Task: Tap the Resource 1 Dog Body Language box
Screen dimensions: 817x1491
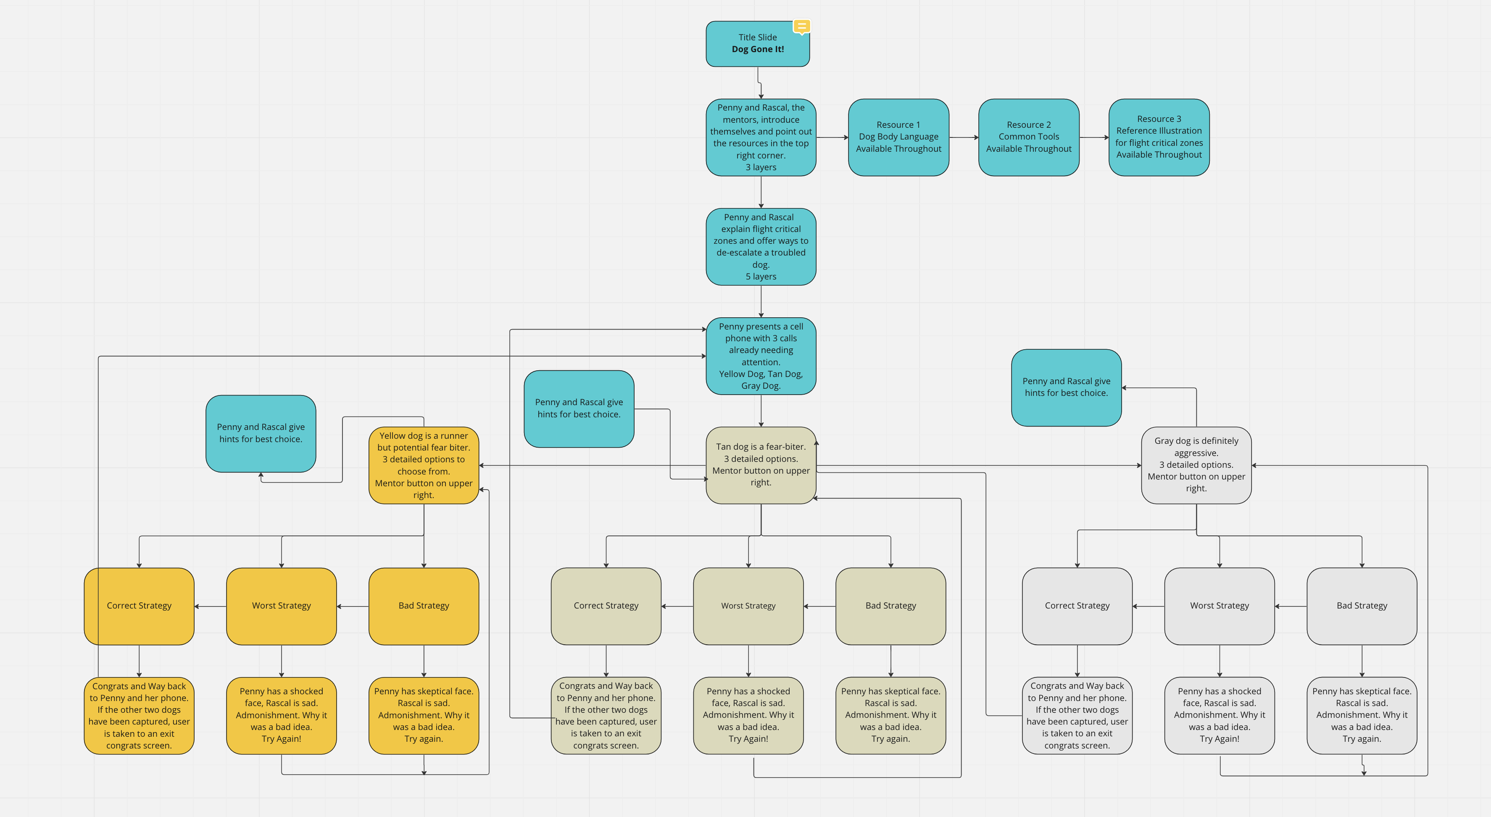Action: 898,137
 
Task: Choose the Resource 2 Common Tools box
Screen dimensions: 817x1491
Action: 1029,137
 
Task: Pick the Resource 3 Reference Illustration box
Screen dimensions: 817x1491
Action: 1159,137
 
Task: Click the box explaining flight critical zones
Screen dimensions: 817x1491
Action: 761,247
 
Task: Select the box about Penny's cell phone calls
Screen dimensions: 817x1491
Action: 761,356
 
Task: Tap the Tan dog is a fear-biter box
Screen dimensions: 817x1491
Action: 761,465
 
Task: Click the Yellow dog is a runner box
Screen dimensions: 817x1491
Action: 424,465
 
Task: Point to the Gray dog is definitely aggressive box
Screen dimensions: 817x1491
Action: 1196,465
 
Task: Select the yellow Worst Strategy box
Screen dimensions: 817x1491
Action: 281,606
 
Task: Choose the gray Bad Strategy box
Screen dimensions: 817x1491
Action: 1361,606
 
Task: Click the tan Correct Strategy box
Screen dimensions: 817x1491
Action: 606,606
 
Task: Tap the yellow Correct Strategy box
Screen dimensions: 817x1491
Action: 139,606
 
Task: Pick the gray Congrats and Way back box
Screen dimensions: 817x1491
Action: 1077,716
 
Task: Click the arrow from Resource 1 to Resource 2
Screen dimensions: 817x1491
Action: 963,137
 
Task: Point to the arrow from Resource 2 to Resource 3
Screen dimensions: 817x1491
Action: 1093,137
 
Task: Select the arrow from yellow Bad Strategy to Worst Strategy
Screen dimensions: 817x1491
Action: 353,606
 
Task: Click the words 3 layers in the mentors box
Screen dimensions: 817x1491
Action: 761,167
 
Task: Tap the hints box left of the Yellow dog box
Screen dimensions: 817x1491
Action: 261,433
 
